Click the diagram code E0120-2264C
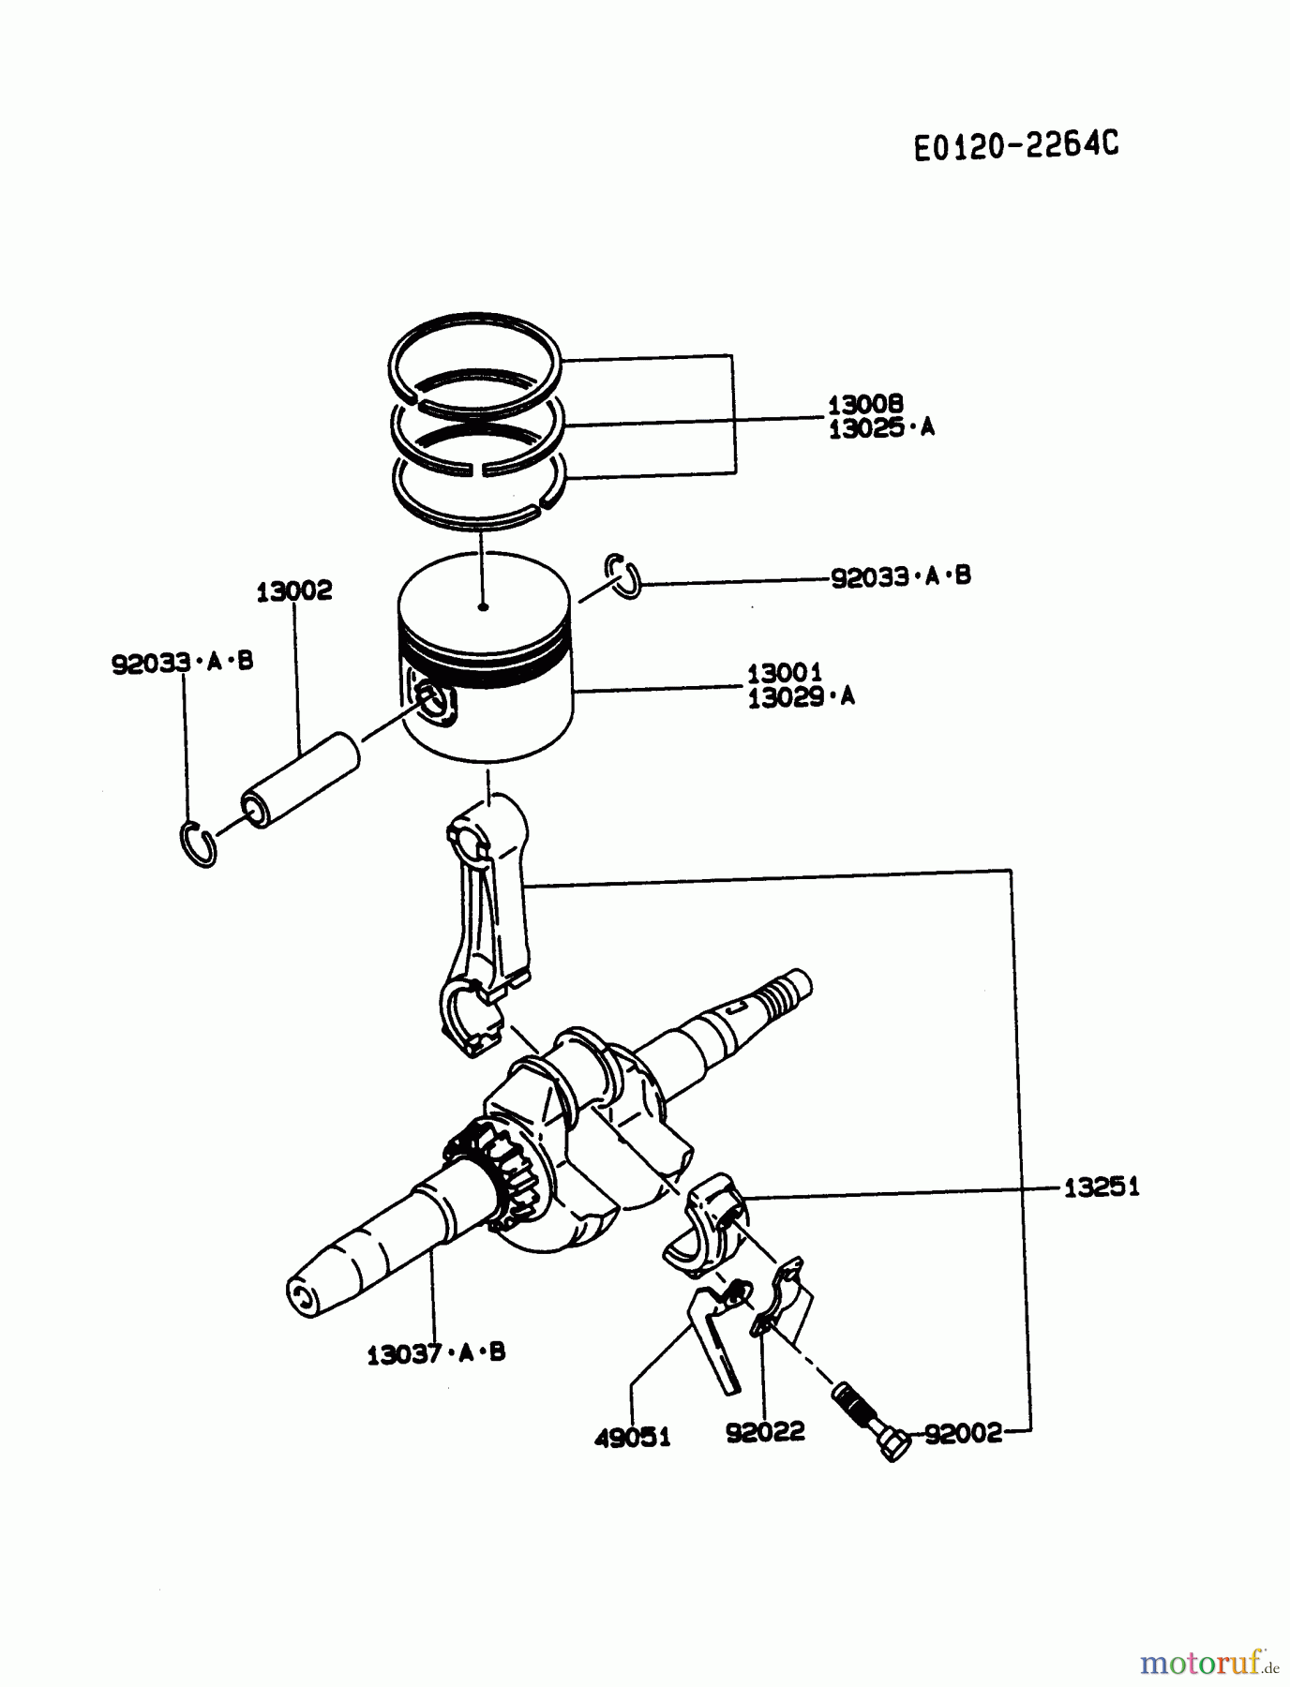tap(1016, 145)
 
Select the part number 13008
tap(864, 404)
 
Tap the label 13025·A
tap(880, 428)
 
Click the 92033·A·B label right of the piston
tap(900, 576)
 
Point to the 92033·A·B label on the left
tap(182, 663)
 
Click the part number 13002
tap(294, 591)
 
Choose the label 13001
tap(784, 673)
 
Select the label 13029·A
tap(801, 697)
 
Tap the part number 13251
tap(1101, 1187)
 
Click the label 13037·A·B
tap(436, 1353)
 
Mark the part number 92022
tap(765, 1432)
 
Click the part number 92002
tap(963, 1434)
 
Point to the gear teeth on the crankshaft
tap(498, 1172)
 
